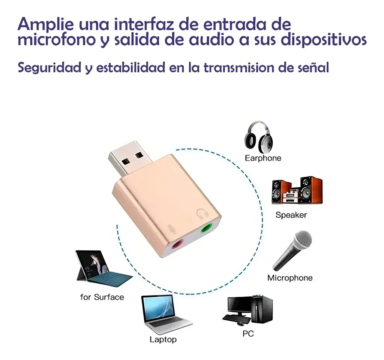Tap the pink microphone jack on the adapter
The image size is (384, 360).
tap(177, 244)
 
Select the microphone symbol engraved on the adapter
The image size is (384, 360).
tap(172, 229)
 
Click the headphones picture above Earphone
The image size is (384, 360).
tap(259, 137)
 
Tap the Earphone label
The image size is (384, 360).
tap(263, 158)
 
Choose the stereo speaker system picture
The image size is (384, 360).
tap(297, 190)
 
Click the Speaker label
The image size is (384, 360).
tap(291, 215)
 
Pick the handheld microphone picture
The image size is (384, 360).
tap(292, 250)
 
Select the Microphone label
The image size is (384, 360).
tap(290, 278)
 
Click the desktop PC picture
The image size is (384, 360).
tap(247, 311)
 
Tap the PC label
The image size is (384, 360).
tap(248, 333)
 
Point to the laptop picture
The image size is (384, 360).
tap(166, 314)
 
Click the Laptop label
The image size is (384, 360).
tap(163, 339)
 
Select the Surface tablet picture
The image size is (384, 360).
tap(103, 268)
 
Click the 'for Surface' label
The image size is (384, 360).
tap(102, 297)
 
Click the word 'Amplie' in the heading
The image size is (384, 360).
tap(45, 24)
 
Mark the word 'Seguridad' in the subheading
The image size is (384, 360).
tap(49, 68)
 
